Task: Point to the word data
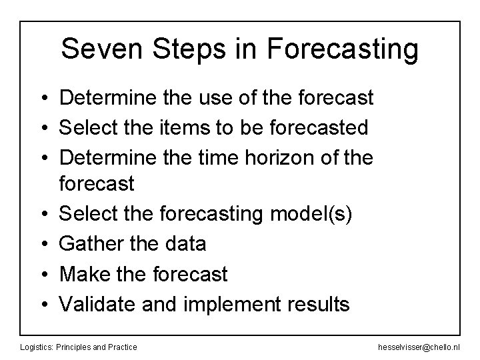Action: [x=181, y=244]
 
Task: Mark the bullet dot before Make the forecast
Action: [x=42, y=274]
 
